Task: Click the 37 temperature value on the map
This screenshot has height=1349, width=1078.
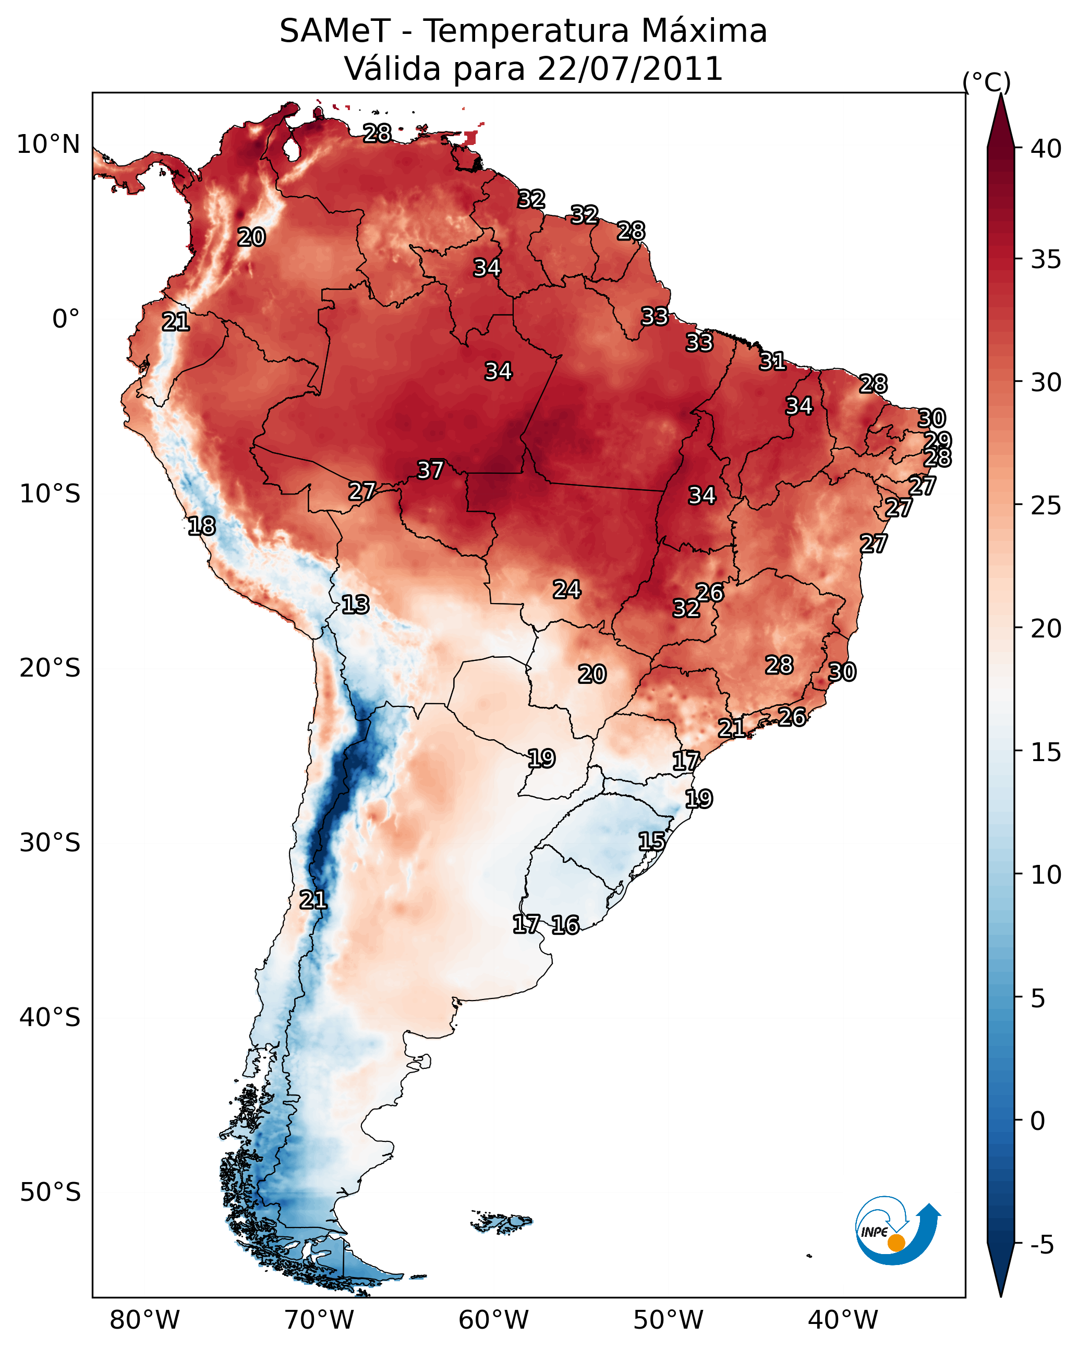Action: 430,470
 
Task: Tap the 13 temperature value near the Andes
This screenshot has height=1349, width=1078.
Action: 355,605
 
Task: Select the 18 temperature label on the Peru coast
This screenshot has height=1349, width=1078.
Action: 201,526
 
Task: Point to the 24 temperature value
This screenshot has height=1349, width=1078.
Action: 567,589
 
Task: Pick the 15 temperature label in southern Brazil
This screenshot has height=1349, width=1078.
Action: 652,841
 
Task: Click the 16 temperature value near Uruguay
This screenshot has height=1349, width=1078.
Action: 565,925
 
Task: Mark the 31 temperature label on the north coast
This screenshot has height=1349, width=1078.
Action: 773,361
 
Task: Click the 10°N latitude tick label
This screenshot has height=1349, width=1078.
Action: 48,144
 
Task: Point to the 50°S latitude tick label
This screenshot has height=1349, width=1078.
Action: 50,1192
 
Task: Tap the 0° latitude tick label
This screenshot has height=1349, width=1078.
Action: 66,319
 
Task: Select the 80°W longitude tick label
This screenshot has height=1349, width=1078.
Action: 144,1320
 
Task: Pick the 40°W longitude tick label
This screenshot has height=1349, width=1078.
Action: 843,1320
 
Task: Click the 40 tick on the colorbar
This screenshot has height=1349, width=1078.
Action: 1046,149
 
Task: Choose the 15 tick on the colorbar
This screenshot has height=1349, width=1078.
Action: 1046,752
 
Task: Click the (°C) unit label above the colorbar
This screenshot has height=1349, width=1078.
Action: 987,82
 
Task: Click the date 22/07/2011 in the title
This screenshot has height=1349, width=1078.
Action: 630,68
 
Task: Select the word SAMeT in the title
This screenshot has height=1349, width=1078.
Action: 335,31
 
